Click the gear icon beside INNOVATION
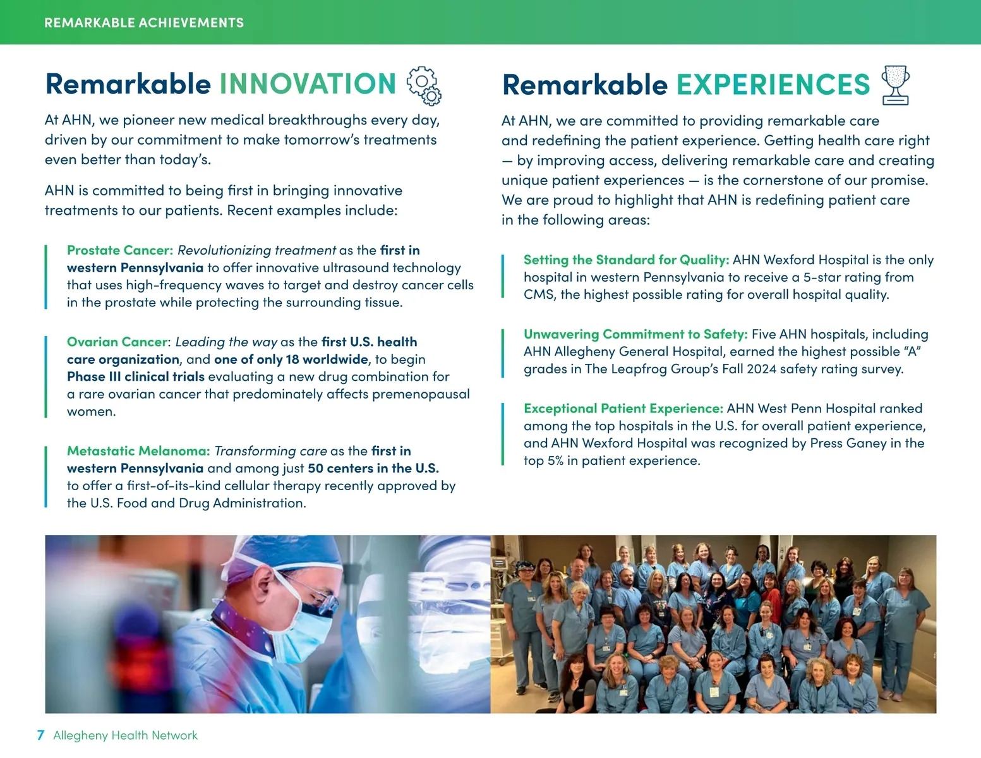(x=424, y=86)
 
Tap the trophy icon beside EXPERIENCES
(x=895, y=85)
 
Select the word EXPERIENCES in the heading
(x=773, y=85)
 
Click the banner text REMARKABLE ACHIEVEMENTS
(x=144, y=23)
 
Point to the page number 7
(x=40, y=735)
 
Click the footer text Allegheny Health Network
(x=126, y=735)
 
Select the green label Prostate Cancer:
(x=120, y=250)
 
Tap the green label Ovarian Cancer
(x=117, y=342)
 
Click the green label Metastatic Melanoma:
(x=138, y=450)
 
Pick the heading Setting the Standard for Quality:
(x=626, y=260)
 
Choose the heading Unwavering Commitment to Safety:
(x=635, y=334)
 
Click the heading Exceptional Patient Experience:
(x=623, y=409)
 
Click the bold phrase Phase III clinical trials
(x=135, y=376)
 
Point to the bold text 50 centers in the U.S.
(x=373, y=468)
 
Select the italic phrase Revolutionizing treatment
(x=256, y=250)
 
